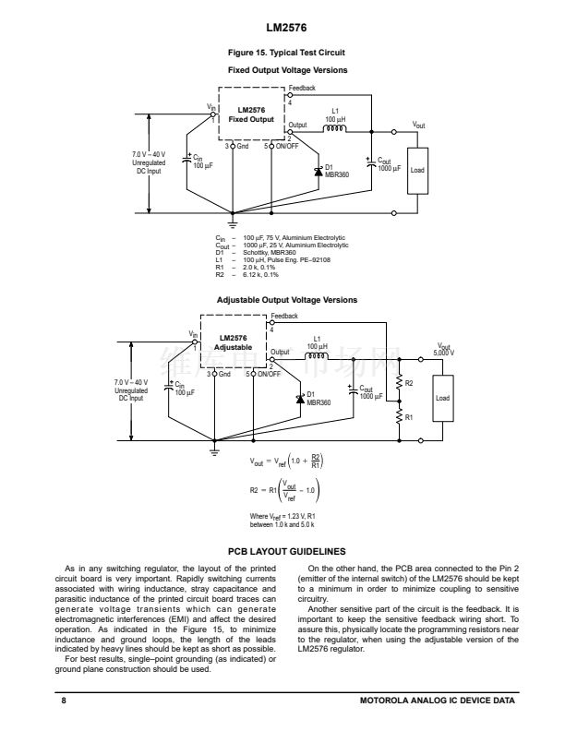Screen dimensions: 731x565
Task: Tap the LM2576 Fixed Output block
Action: tap(252, 114)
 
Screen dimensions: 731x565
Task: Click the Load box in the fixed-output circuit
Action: tap(418, 171)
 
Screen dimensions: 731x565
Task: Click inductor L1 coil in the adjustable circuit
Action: tap(317, 357)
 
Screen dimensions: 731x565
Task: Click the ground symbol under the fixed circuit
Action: tap(233, 221)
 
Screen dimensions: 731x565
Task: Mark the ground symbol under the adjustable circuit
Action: tap(215, 449)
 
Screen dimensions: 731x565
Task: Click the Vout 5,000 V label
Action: tap(444, 350)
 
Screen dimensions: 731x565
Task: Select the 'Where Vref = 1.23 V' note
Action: tap(282, 519)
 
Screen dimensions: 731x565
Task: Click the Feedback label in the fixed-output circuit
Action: tap(302, 88)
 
